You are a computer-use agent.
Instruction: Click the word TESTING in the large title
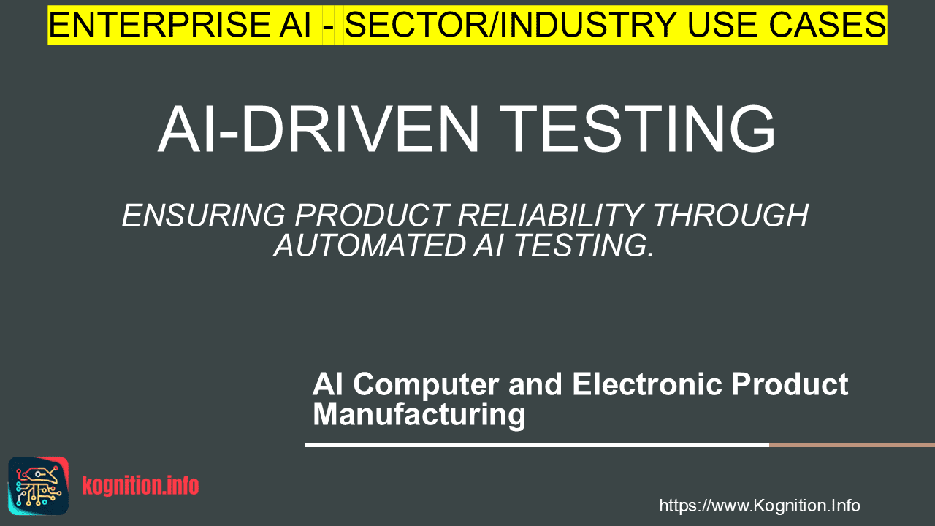(638, 129)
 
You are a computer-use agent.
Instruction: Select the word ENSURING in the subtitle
(204, 216)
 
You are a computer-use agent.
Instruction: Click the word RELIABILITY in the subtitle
(550, 216)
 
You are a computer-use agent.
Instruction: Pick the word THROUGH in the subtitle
(730, 216)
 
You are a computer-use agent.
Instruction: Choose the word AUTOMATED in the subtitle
(370, 245)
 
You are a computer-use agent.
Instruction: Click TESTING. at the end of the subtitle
(583, 245)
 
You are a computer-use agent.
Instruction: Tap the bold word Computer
(426, 385)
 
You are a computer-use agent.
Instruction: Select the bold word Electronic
(647, 384)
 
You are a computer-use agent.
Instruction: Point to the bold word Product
(790, 384)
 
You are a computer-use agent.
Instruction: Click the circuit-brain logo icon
(39, 486)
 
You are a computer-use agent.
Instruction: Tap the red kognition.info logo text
(141, 486)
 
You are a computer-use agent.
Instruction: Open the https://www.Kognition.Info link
(760, 506)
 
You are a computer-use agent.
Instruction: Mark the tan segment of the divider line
(852, 445)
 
